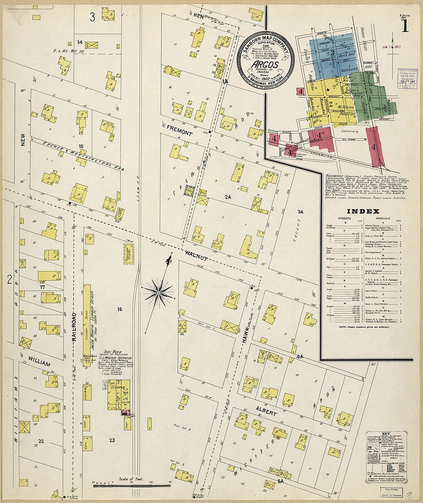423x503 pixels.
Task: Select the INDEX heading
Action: [x=363, y=211]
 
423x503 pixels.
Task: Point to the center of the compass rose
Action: [x=158, y=293]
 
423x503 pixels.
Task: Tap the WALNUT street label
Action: [x=197, y=256]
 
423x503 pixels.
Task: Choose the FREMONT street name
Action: [x=179, y=131]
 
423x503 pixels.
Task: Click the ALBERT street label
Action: [x=266, y=411]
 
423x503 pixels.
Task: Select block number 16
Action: [x=120, y=309]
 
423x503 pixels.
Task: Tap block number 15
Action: [x=81, y=146]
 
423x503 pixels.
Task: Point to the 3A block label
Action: [x=300, y=212]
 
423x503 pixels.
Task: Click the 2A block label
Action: [x=228, y=197]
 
